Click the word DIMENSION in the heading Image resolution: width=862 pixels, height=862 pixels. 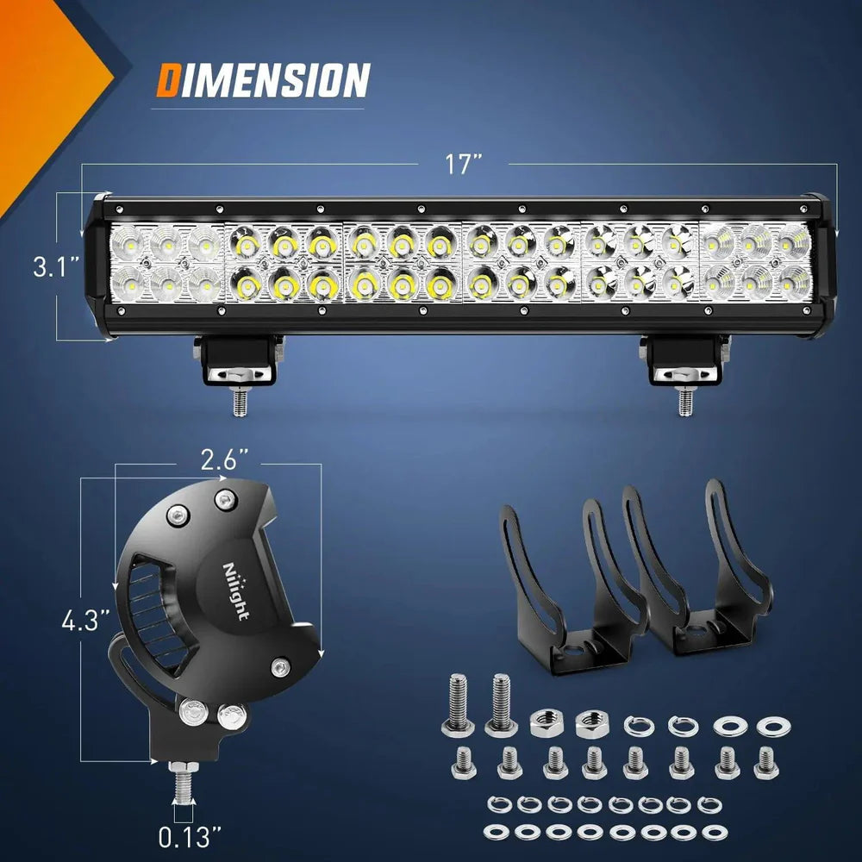click(263, 81)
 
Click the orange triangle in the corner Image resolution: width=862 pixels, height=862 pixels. click(43, 86)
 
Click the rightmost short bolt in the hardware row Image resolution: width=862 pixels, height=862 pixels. click(765, 762)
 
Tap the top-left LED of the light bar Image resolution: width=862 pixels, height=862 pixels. click(128, 243)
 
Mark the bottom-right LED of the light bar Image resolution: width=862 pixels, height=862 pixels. click(794, 280)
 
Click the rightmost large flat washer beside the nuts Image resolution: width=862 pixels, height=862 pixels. click(773, 726)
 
